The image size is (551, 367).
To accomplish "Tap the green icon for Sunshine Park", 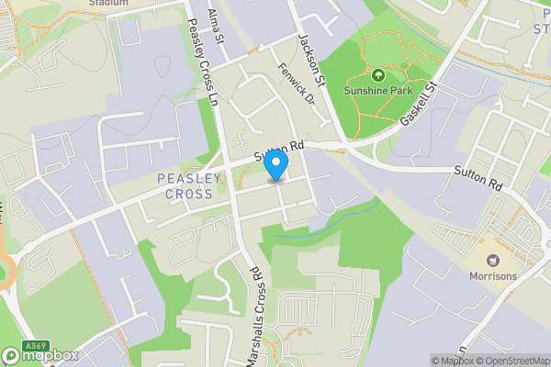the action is pyautogui.click(x=377, y=75).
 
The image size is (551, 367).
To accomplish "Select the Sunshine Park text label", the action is pyautogui.click(x=377, y=92).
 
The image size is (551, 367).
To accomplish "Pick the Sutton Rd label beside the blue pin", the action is pyautogui.click(x=279, y=149).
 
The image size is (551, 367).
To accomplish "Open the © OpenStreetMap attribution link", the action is pyautogui.click(x=505, y=361).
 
